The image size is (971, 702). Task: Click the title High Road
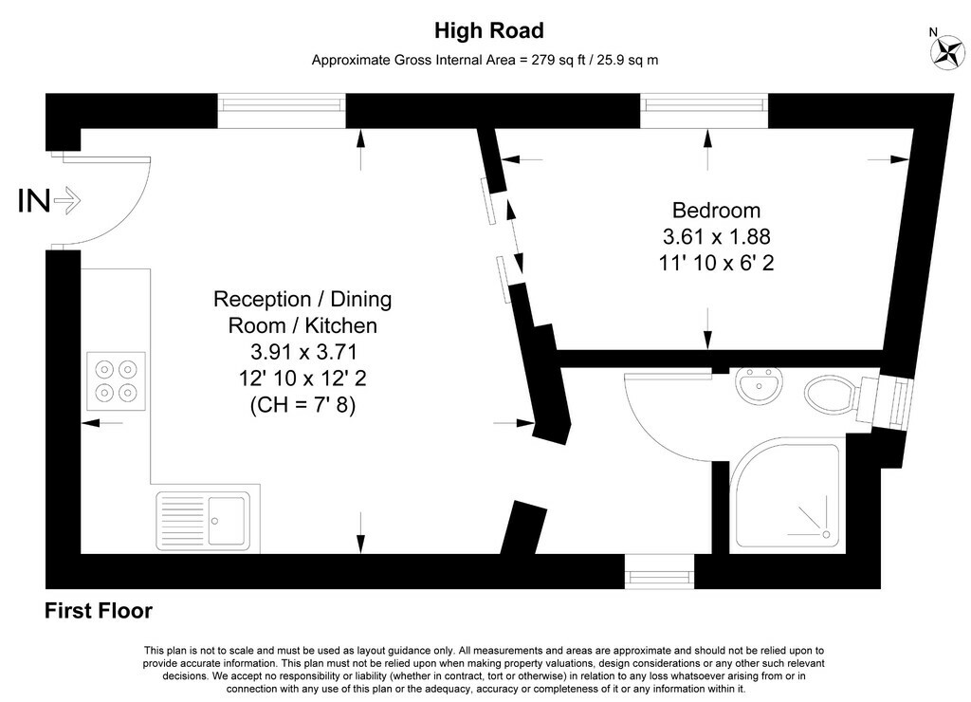[488, 31]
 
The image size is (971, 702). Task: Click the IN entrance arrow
[67, 200]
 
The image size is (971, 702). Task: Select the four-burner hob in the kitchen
[117, 379]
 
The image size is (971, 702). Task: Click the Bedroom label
[716, 211]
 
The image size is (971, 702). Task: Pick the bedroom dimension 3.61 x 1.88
[716, 236]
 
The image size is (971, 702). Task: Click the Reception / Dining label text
[302, 300]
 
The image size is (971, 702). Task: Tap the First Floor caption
[99, 611]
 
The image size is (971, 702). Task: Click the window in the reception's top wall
[282, 111]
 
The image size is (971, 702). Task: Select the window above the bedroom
[705, 111]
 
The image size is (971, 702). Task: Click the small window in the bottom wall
[659, 571]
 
